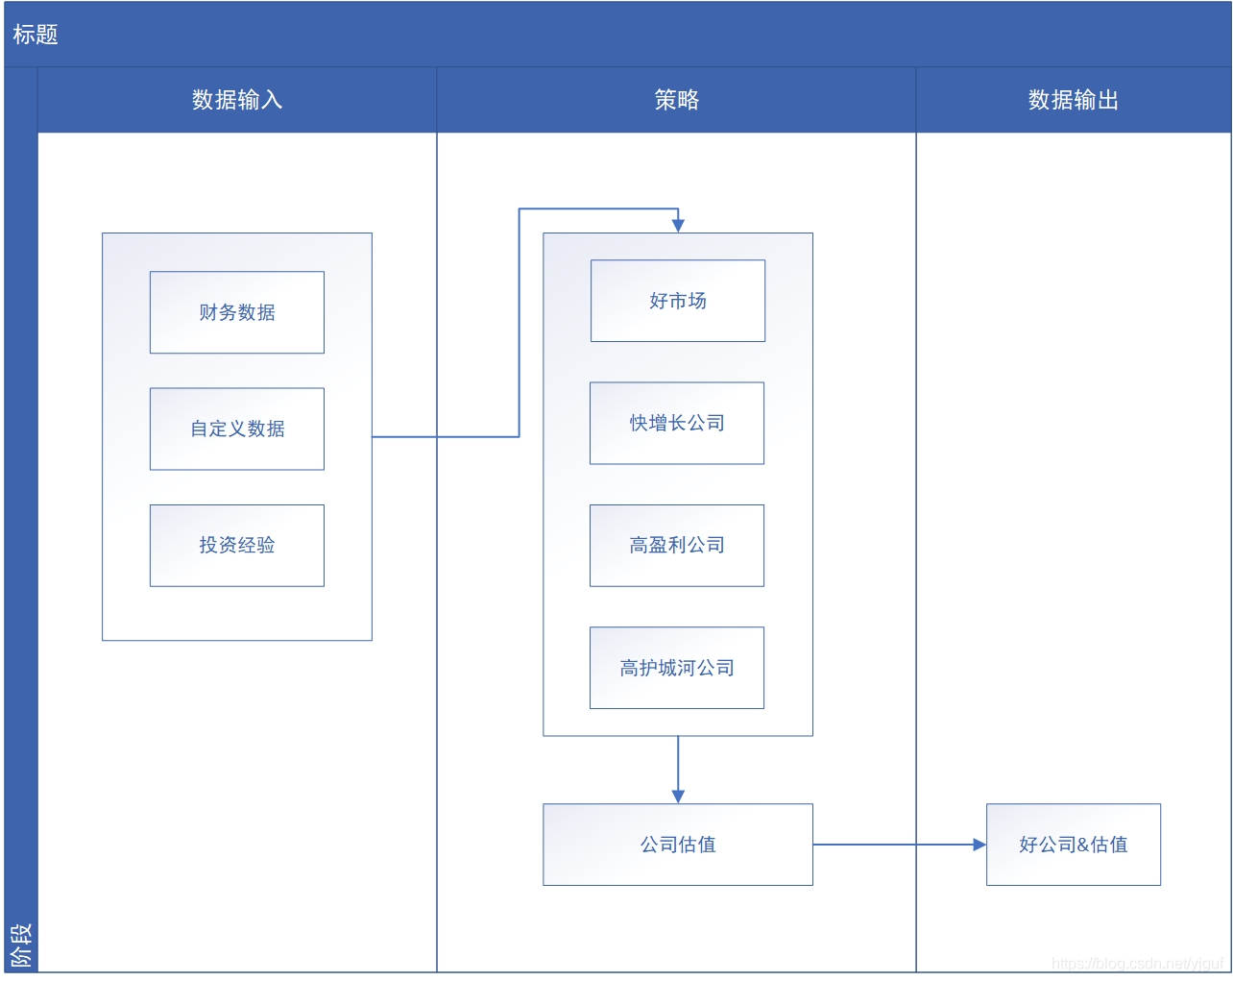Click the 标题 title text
coord(36,35)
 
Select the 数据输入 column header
coord(237,100)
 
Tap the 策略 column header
coord(677,100)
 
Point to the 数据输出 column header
coord(1074,100)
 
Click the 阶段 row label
coord(20,944)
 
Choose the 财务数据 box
coord(237,312)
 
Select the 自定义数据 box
coord(237,429)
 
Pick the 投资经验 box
coord(237,545)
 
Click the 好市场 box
coord(678,301)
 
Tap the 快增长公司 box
coord(677,423)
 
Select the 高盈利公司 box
coord(677,545)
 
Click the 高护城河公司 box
coord(677,668)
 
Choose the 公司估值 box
coord(678,845)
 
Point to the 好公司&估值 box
coord(1074,845)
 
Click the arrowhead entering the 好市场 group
coord(678,226)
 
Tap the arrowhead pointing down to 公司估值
coord(678,797)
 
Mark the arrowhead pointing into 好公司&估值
coord(979,845)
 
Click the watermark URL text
coord(1137,963)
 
